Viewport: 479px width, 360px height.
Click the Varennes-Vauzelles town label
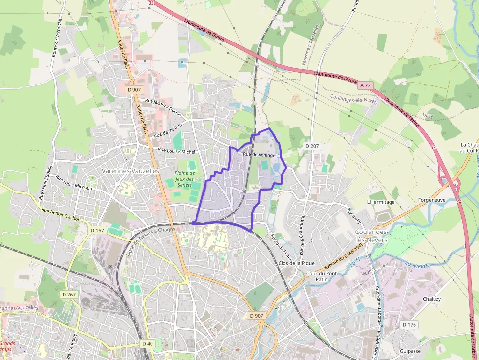click(x=131, y=171)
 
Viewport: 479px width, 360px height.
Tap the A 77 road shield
click(x=365, y=85)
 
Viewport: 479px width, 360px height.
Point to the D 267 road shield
click(x=69, y=295)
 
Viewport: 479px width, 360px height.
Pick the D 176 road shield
click(x=409, y=325)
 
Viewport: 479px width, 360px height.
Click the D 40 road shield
click(x=148, y=344)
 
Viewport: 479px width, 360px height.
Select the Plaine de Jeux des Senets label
click(x=185, y=179)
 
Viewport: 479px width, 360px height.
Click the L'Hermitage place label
click(x=380, y=202)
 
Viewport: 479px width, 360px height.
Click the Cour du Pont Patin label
click(x=322, y=276)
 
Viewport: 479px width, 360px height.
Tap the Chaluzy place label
click(x=432, y=299)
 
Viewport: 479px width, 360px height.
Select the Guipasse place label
click(x=410, y=351)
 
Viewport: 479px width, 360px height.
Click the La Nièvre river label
click(x=416, y=265)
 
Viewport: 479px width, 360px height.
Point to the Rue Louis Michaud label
click(x=74, y=182)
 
